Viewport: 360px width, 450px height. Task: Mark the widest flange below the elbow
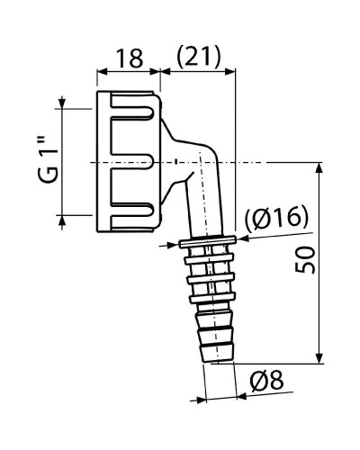click(x=208, y=241)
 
